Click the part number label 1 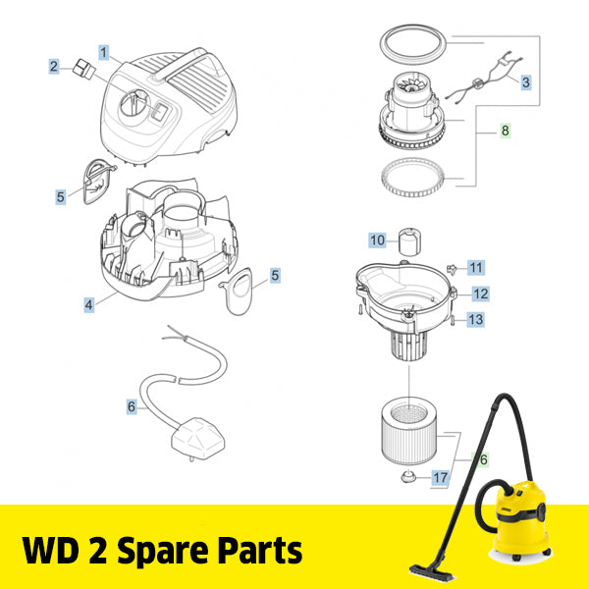(104, 53)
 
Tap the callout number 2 (54, 67)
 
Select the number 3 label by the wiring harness (526, 82)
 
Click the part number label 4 (89, 304)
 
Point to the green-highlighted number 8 (506, 131)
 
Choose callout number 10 (378, 241)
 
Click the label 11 (476, 267)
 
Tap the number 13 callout (475, 320)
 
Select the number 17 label (440, 478)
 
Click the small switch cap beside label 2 (84, 69)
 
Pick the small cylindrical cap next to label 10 (409, 241)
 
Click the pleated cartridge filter (408, 431)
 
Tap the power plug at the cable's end (198, 439)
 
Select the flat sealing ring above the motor (412, 42)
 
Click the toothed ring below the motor (412, 178)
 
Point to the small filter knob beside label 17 (408, 477)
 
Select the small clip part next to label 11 (452, 269)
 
